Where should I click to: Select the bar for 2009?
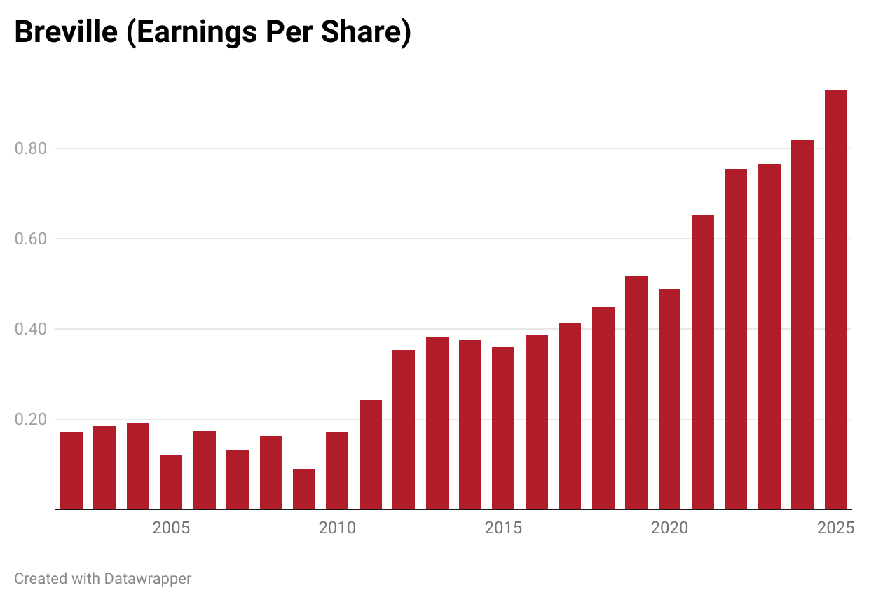point(303,489)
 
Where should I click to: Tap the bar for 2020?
point(669,399)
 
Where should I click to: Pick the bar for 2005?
point(171,482)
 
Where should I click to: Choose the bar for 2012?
point(404,430)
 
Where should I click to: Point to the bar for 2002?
point(71,470)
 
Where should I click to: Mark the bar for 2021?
point(703,362)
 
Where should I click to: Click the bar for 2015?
point(503,428)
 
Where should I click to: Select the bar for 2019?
point(636,393)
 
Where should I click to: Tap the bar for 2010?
point(337,470)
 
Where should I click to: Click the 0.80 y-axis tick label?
point(30,148)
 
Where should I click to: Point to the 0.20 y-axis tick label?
point(30,419)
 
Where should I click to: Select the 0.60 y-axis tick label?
point(30,239)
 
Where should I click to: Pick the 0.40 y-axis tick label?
point(30,329)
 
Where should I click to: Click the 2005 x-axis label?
point(171,528)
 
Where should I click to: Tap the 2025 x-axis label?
point(835,528)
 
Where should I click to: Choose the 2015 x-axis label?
point(503,528)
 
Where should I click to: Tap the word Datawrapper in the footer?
point(148,579)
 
